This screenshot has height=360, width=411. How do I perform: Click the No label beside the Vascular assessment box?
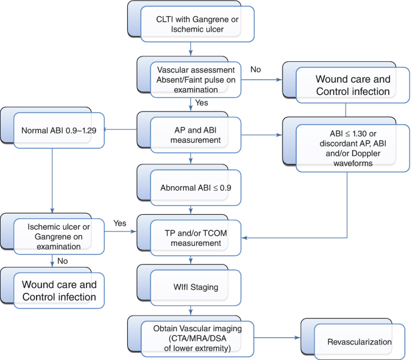(x=256, y=69)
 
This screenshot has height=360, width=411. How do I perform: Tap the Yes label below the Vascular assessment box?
(x=202, y=103)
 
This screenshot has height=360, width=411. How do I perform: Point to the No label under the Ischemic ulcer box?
(x=62, y=261)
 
